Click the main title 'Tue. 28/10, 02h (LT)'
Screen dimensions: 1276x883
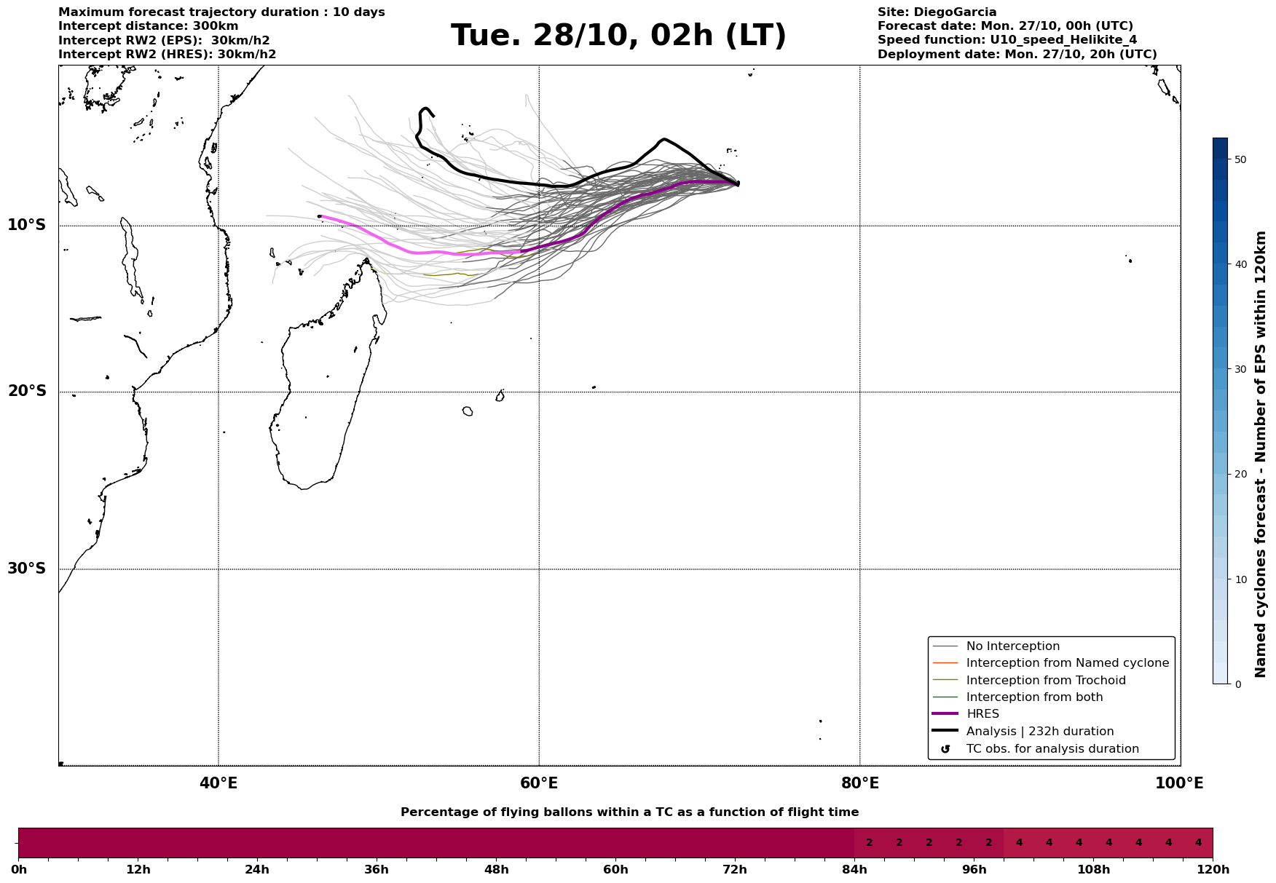point(618,36)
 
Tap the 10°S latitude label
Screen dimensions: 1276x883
point(27,225)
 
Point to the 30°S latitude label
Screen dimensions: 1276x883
point(27,569)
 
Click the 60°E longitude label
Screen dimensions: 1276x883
point(539,783)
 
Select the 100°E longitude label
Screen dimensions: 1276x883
point(1179,783)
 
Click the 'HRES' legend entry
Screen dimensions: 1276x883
point(982,714)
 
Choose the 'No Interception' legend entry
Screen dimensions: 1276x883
point(1012,646)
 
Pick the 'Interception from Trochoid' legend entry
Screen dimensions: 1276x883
point(1046,681)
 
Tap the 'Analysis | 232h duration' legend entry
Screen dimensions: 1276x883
point(1040,732)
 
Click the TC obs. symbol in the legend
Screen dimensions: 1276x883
point(945,749)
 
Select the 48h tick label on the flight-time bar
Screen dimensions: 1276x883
point(496,870)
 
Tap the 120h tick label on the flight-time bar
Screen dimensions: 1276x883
point(1213,870)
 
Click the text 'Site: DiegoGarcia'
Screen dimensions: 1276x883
point(937,12)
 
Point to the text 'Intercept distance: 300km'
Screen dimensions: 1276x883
point(149,26)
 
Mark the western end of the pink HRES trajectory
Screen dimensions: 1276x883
point(319,216)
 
